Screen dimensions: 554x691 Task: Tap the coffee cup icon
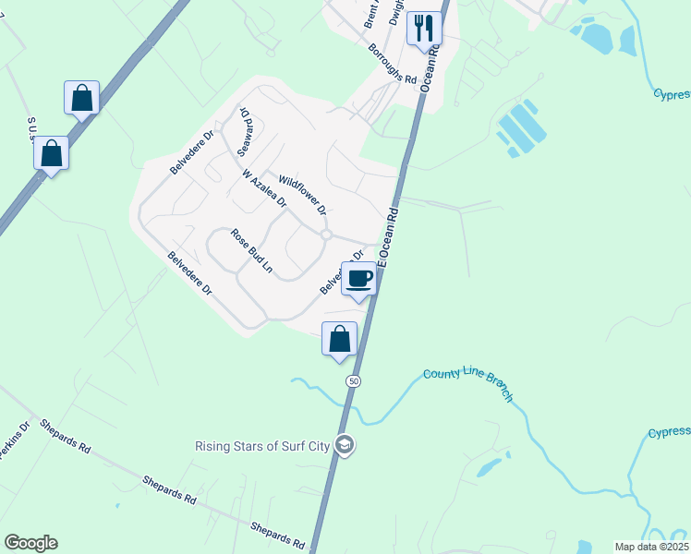[x=359, y=278]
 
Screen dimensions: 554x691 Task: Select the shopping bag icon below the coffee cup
[x=339, y=339]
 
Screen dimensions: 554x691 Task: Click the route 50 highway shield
[x=353, y=380]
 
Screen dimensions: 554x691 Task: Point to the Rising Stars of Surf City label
[x=262, y=446]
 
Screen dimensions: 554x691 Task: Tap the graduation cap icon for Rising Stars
[x=345, y=446]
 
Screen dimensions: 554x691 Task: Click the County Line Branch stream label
[x=467, y=385]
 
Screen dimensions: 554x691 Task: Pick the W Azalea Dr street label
[x=264, y=188]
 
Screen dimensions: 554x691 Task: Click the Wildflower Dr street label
[x=303, y=194]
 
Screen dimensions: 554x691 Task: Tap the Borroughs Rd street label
[x=392, y=64]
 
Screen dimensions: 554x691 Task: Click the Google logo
[x=30, y=543]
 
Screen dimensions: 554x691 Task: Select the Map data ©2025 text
[x=649, y=547]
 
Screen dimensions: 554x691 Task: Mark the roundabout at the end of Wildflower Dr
[x=326, y=235]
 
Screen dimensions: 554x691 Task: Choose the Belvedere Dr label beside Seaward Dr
[x=191, y=152]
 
